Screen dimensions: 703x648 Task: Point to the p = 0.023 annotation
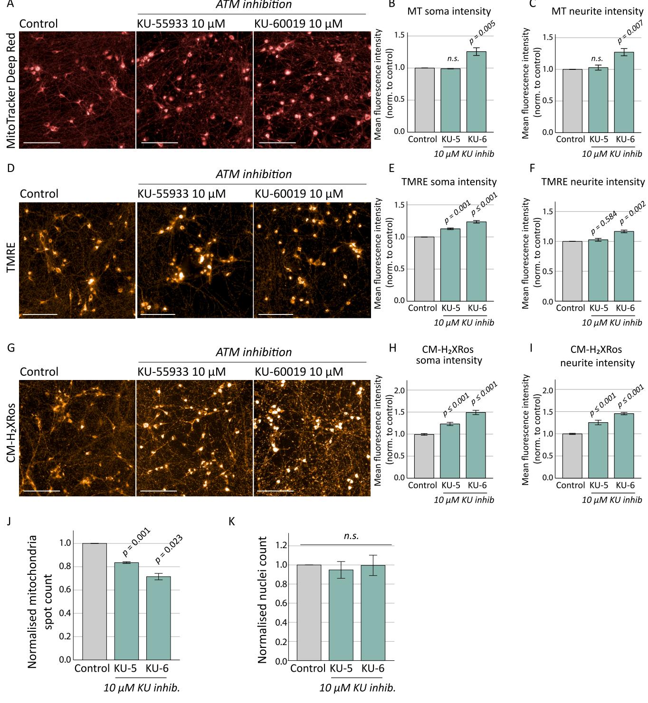pos(170,549)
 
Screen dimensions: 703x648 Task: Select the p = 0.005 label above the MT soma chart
pos(482,33)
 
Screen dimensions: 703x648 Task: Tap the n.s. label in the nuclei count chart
pos(351,536)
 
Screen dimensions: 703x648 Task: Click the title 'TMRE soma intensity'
pos(449,182)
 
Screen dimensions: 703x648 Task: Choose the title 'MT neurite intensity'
pos(597,11)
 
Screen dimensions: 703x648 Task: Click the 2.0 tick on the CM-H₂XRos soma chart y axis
pos(399,390)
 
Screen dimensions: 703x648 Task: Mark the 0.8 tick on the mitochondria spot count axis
pos(65,567)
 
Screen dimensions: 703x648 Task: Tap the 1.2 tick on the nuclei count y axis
pos(281,546)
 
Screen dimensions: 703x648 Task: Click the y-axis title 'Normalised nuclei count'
pos(262,600)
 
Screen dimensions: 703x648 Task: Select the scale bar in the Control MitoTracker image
pos(42,142)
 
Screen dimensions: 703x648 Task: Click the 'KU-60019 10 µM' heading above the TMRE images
pos(299,194)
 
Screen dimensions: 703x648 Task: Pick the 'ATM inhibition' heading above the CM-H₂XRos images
pos(254,352)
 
